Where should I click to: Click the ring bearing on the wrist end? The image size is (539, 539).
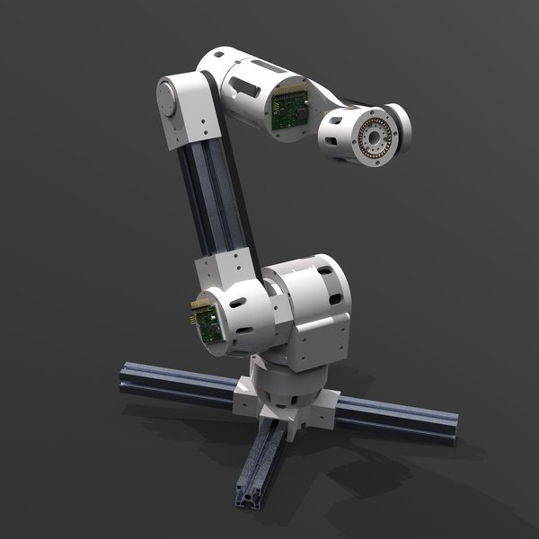[373, 137]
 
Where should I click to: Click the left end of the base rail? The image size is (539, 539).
[128, 379]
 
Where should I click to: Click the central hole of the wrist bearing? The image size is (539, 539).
[374, 137]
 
